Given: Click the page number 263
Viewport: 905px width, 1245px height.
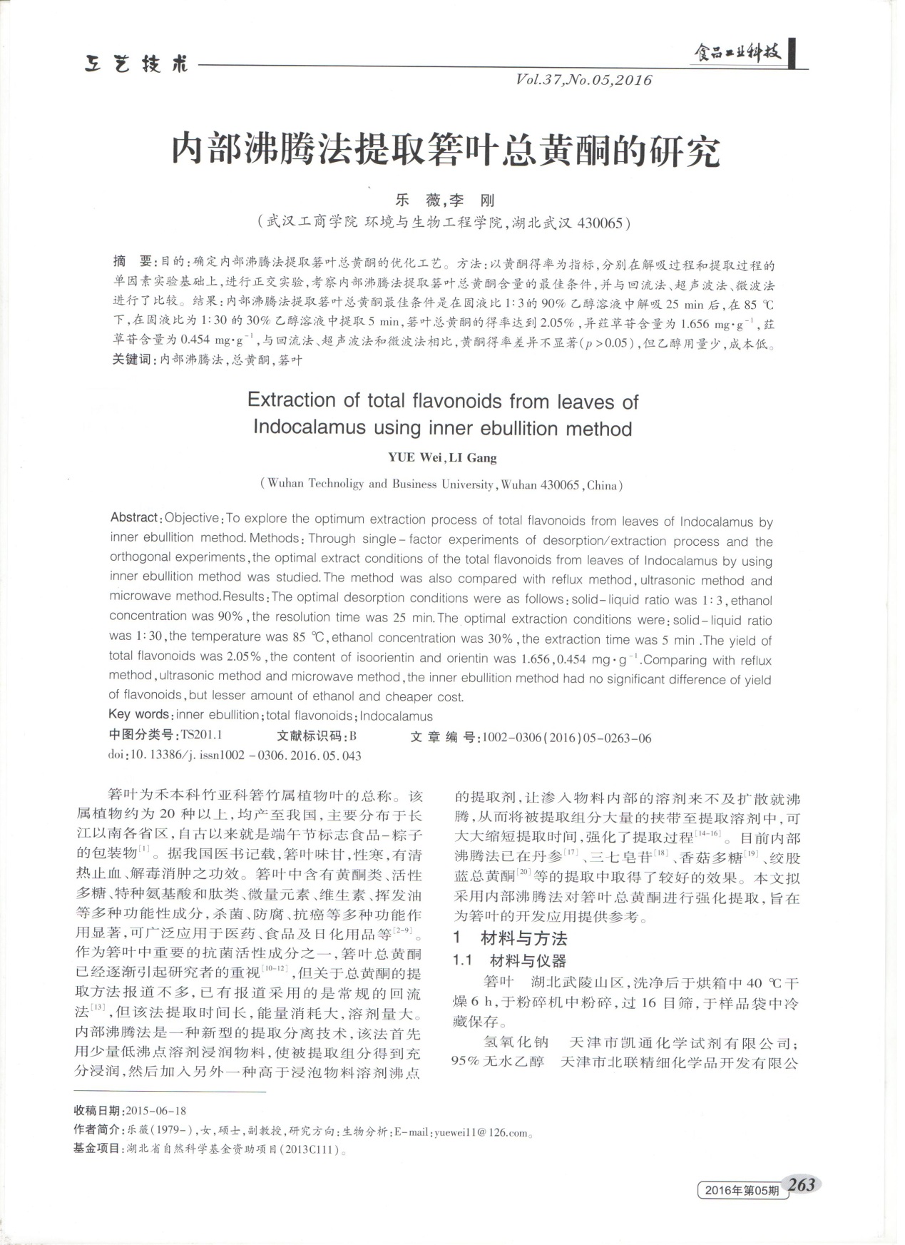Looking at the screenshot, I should tap(802, 1184).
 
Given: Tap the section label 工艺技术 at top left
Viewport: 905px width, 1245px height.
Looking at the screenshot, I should tap(136, 65).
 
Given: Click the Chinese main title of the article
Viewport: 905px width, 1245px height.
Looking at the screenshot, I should tap(446, 151).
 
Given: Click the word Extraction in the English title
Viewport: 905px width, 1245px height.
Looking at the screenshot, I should tap(291, 400).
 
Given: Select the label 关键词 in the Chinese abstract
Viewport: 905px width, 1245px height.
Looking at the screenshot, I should tap(134, 360).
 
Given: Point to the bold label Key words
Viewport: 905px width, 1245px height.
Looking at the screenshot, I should tap(139, 714).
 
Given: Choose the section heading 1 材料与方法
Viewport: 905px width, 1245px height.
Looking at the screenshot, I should tap(510, 938).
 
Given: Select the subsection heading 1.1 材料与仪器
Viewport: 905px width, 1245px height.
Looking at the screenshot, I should tap(510, 960).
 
